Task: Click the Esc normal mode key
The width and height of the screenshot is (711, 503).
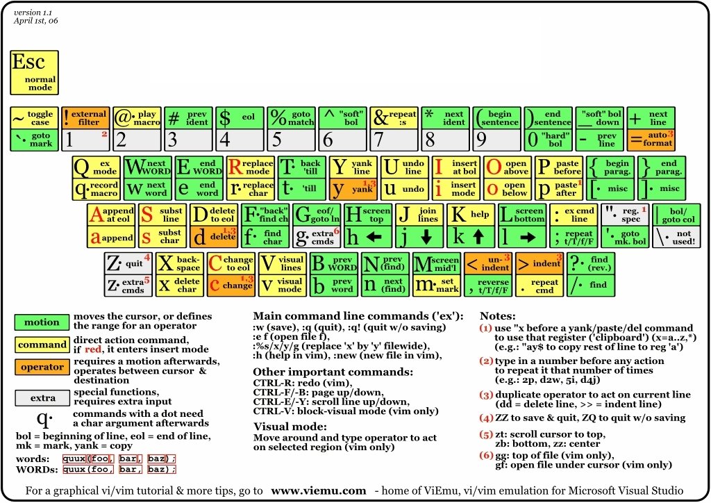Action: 34,72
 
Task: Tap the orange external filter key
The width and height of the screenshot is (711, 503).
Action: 85,118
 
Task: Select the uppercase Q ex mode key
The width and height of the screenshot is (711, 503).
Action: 97,167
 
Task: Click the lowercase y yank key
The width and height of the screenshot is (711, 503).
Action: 353,188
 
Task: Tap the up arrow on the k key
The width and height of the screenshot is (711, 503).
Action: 478,238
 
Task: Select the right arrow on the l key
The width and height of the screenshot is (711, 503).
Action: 528,238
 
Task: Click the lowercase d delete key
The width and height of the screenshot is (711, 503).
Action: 215,237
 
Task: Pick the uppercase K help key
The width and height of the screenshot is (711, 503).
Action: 470,215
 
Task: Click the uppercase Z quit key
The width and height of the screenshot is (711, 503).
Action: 128,263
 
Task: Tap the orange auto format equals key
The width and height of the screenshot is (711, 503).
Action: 651,140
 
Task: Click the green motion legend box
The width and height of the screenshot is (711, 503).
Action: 42,322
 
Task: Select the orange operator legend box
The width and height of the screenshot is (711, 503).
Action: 42,367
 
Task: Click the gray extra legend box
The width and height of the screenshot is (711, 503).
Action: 42,398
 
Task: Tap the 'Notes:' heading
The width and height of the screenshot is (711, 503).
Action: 498,315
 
